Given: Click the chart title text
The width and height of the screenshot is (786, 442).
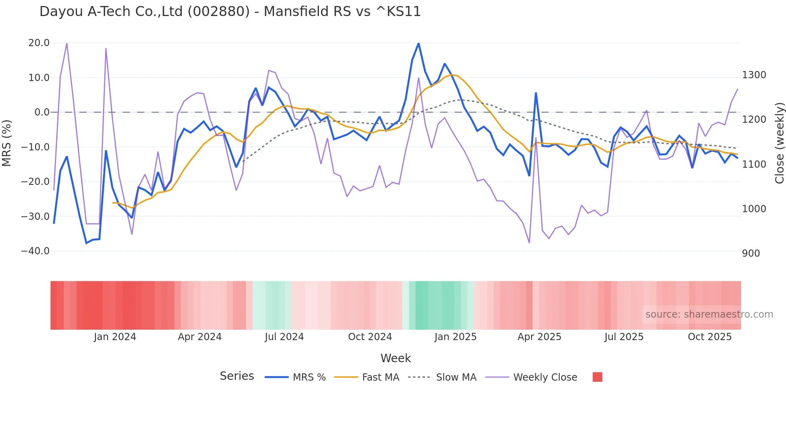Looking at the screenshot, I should [x=230, y=11].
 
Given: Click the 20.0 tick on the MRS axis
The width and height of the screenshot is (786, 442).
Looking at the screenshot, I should [x=39, y=43].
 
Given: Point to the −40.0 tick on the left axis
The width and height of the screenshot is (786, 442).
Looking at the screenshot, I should [x=35, y=251].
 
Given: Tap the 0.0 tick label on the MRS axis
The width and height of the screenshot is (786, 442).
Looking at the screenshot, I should [x=42, y=112].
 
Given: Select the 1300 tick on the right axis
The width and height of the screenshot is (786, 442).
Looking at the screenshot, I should [x=754, y=75].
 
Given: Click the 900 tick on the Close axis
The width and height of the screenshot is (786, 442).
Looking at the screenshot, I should [x=751, y=253].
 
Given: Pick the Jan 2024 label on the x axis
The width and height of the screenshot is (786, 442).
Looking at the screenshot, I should [x=115, y=337].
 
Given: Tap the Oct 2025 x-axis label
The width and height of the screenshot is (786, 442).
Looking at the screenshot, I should [x=709, y=337].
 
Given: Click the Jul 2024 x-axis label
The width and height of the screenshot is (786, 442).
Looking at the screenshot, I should [x=284, y=337].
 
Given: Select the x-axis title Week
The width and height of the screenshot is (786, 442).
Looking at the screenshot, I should [x=395, y=358].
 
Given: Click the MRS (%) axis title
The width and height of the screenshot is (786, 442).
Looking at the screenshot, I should [x=7, y=143].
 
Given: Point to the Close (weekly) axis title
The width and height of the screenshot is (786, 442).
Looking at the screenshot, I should [x=779, y=143].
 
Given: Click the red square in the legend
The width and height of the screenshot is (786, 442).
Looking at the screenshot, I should [x=597, y=377].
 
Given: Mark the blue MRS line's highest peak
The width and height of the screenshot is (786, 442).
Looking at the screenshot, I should [x=419, y=43].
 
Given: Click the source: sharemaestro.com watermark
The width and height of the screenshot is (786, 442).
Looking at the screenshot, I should [x=709, y=314].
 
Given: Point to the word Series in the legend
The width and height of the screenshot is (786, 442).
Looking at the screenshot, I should [x=237, y=376].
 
